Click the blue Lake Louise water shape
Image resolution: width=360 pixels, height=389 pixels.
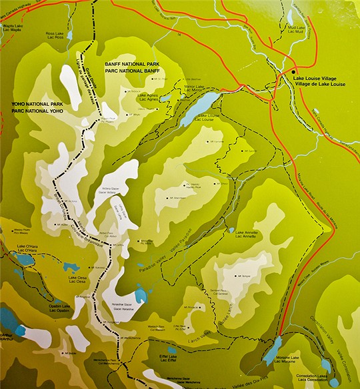199,107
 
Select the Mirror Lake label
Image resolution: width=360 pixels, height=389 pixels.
195,88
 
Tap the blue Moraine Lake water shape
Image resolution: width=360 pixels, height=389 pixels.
273,349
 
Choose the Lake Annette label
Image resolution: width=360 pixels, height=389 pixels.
247,234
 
